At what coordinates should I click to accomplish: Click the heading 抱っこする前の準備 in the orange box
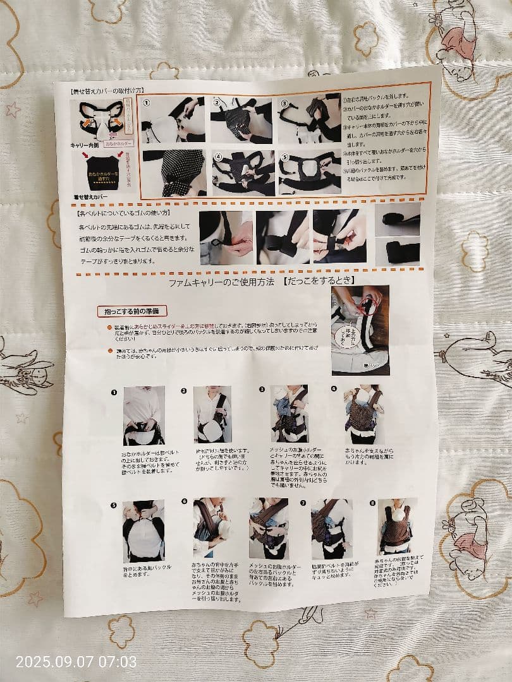click(x=132, y=311)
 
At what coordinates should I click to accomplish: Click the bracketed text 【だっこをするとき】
click(x=319, y=280)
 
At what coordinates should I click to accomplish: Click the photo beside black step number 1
click(x=143, y=416)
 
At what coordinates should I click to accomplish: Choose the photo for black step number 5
click(x=143, y=530)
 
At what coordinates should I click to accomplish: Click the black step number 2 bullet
click(x=184, y=391)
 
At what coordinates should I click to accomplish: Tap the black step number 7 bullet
click(x=303, y=503)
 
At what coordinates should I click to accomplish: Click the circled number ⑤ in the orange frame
click(x=284, y=157)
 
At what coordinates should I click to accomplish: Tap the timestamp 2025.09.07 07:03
click(x=76, y=662)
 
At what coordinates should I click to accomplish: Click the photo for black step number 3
click(x=289, y=414)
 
